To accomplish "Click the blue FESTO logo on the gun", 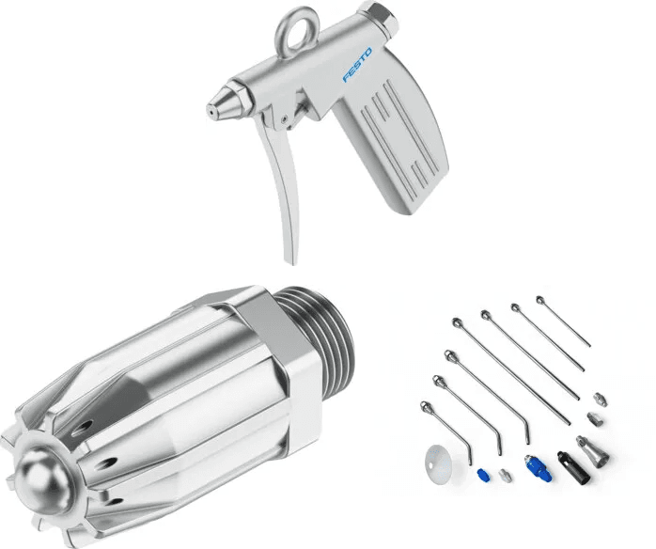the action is pyautogui.click(x=357, y=65).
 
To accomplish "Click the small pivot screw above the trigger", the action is pyautogui.click(x=285, y=118).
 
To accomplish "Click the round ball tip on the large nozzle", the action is pyautogui.click(x=43, y=480).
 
